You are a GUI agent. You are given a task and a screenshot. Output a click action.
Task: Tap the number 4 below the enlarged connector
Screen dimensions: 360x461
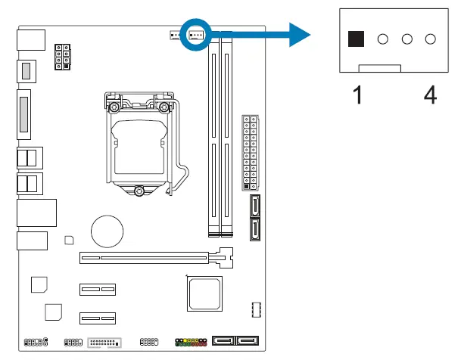[x=429, y=96]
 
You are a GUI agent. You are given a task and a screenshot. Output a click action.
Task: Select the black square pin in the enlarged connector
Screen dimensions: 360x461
[x=355, y=40]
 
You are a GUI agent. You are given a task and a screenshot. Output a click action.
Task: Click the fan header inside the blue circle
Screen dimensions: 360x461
[x=196, y=35]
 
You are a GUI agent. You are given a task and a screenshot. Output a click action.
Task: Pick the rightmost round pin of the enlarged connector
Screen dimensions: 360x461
[x=431, y=40]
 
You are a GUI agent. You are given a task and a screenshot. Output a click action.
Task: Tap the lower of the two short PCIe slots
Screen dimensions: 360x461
[x=96, y=318]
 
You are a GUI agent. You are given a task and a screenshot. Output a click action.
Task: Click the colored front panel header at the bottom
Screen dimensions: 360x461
[x=192, y=343]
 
